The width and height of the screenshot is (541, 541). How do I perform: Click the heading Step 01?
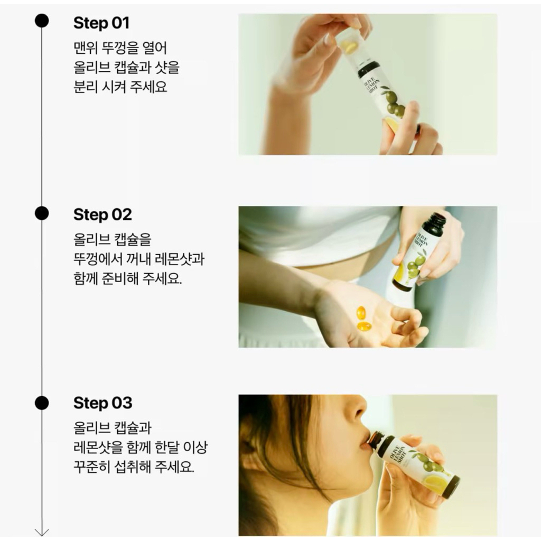[101, 23]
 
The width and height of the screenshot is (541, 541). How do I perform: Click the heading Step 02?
[102, 214]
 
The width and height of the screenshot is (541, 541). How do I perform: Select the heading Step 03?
[103, 403]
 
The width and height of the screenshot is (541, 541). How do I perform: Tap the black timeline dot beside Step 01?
[42, 21]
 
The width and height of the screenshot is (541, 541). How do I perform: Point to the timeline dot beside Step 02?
[42, 213]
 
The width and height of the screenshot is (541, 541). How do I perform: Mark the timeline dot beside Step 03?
[42, 403]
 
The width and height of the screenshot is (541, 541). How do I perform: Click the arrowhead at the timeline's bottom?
[42, 533]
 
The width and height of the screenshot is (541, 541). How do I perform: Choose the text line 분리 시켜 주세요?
[120, 87]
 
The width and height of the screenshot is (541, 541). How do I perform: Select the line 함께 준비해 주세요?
[128, 278]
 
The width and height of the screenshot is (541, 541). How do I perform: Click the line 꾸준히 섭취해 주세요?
[134, 467]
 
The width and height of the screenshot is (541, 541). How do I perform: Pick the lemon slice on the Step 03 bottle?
[436, 483]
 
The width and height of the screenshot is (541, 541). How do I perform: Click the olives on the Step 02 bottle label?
[414, 266]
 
